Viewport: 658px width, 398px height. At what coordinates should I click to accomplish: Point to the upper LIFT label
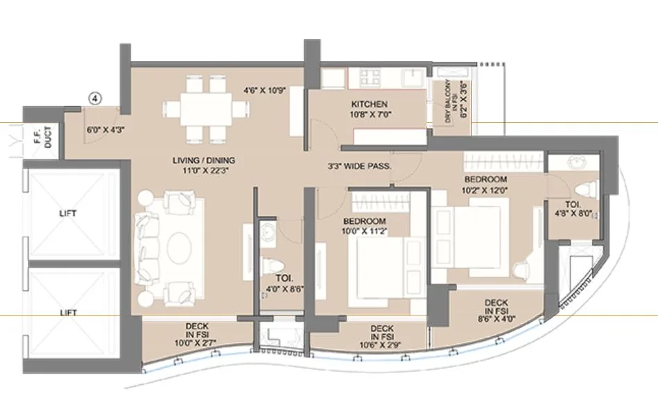point(68,213)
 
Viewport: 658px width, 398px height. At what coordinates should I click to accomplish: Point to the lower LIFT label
point(68,313)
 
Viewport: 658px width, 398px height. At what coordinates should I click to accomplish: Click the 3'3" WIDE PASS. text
point(360,166)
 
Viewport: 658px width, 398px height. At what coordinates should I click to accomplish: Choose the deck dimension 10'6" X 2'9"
point(381,345)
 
